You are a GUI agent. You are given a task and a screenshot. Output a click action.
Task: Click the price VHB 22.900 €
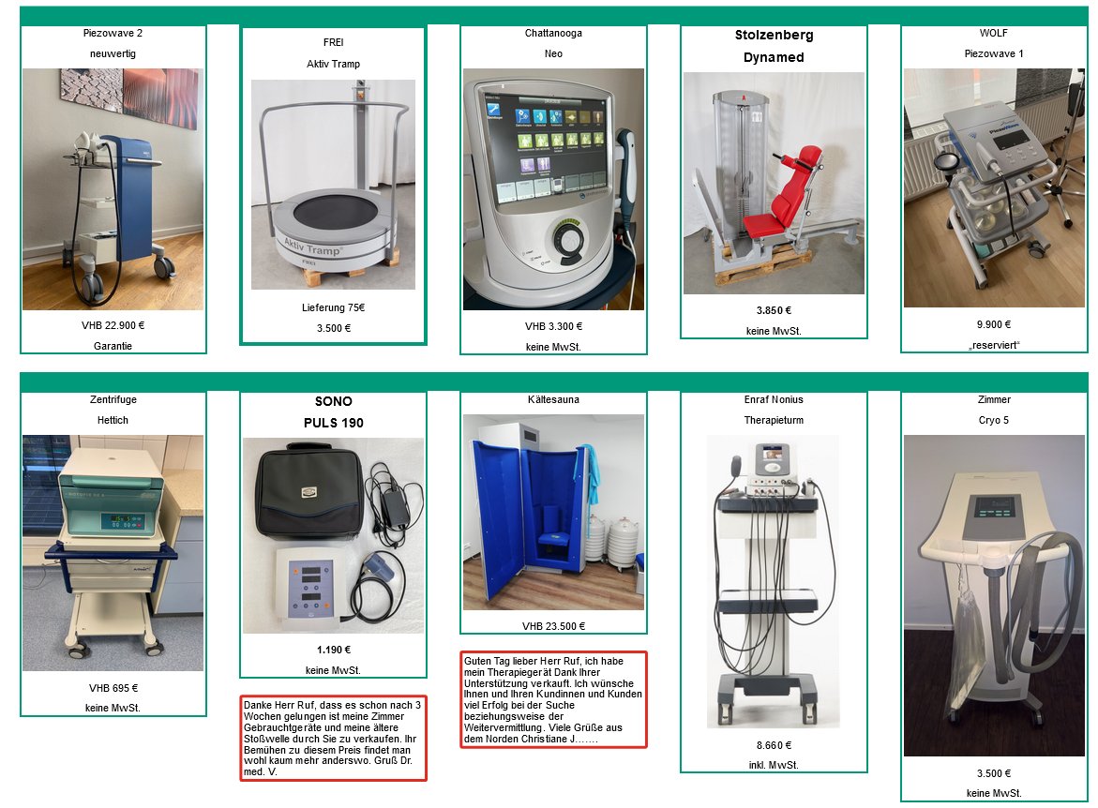click(x=113, y=325)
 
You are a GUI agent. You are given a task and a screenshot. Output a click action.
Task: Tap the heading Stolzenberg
click(x=774, y=35)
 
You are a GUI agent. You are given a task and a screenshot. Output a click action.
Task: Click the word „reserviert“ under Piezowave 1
click(x=994, y=345)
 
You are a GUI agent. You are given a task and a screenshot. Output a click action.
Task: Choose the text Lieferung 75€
click(x=333, y=308)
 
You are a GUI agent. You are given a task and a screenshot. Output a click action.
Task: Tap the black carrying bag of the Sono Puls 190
click(x=309, y=492)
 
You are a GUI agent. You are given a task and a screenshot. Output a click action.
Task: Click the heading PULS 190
click(x=333, y=423)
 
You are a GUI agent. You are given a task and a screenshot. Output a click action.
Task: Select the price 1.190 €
click(x=333, y=650)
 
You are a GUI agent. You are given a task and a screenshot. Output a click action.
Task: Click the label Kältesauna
click(x=553, y=400)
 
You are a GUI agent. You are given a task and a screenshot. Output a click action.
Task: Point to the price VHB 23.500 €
click(x=553, y=627)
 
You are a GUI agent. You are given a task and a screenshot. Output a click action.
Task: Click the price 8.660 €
click(x=774, y=746)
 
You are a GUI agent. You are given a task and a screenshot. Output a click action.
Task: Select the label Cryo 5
click(x=994, y=420)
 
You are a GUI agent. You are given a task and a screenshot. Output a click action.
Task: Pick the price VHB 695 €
click(x=113, y=688)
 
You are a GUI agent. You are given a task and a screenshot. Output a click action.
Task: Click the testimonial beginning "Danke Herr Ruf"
click(x=333, y=738)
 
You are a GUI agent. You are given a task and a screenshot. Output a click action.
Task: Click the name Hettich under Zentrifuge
click(x=113, y=420)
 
